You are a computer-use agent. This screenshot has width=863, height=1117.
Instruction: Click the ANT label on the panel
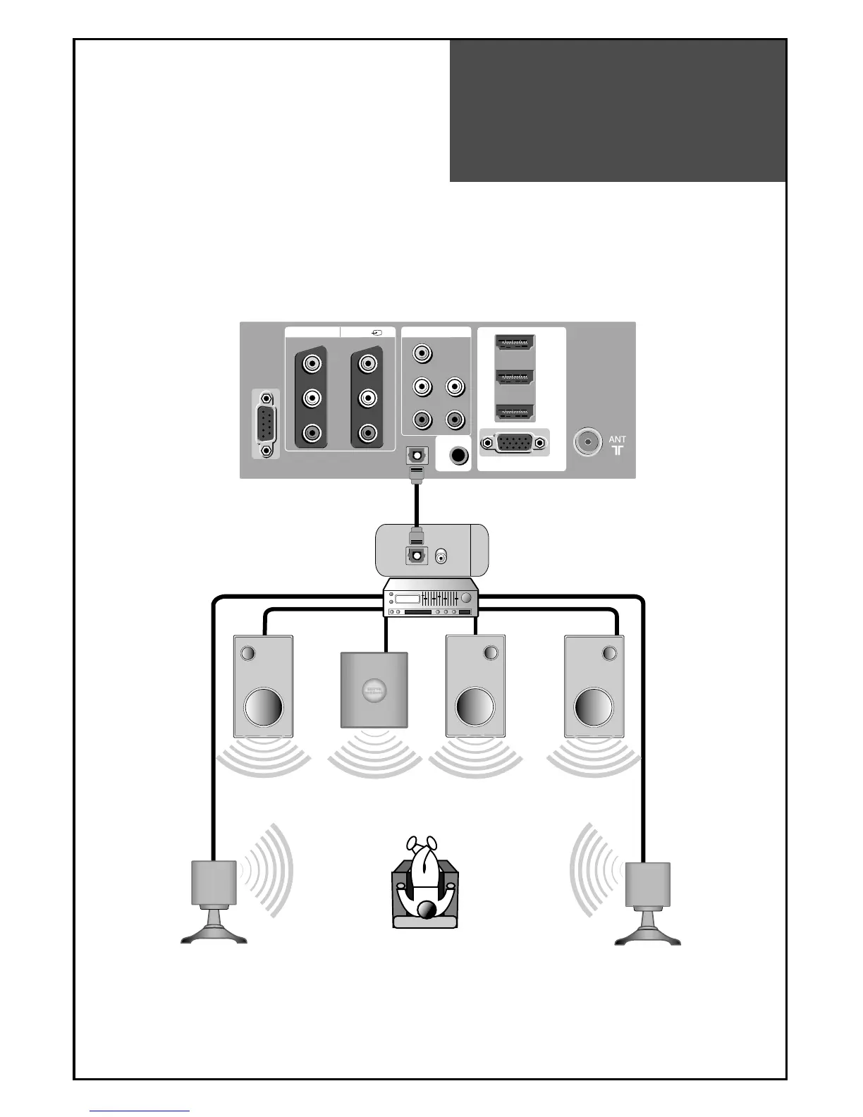click(617, 439)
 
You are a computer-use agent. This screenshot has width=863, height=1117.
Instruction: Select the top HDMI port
click(515, 343)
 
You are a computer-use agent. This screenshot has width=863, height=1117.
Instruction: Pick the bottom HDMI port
click(515, 413)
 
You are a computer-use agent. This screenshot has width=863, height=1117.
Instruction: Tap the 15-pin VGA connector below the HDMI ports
click(513, 443)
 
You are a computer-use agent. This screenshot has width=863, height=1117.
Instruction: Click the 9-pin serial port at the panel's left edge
click(266, 424)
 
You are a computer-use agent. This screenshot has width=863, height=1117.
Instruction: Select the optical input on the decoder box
click(416, 555)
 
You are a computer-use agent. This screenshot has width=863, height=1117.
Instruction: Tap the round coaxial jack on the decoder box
click(441, 557)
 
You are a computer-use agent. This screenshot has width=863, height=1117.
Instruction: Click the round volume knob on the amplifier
click(466, 598)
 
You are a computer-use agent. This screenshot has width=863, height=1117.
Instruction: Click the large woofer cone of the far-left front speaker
click(264, 707)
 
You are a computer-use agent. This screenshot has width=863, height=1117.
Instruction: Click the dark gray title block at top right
click(618, 111)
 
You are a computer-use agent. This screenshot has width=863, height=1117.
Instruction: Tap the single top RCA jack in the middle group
click(422, 351)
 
